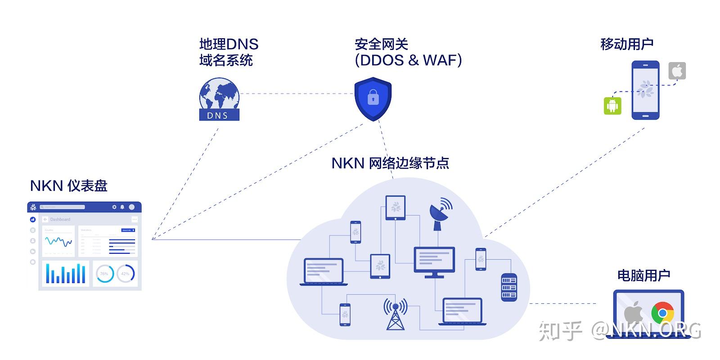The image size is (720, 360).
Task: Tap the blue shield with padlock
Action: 373,98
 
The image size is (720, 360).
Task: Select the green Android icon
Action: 612,105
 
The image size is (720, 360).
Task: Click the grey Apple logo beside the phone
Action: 677,71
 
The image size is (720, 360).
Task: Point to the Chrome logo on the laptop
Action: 662,313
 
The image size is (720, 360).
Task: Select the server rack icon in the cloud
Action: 509,287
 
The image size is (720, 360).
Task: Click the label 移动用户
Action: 626,44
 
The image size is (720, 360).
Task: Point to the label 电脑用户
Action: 643,275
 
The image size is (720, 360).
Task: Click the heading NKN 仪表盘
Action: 69,185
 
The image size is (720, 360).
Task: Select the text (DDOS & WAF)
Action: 408,60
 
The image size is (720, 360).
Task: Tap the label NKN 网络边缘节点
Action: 390,162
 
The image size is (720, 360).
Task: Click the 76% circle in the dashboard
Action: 104,274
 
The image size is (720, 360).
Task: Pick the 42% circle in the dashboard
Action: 126,274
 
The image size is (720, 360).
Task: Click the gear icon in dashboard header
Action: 114,207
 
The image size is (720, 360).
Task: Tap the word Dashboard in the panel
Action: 60,219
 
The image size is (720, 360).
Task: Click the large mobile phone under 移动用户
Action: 645,90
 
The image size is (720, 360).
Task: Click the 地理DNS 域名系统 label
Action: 229,52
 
